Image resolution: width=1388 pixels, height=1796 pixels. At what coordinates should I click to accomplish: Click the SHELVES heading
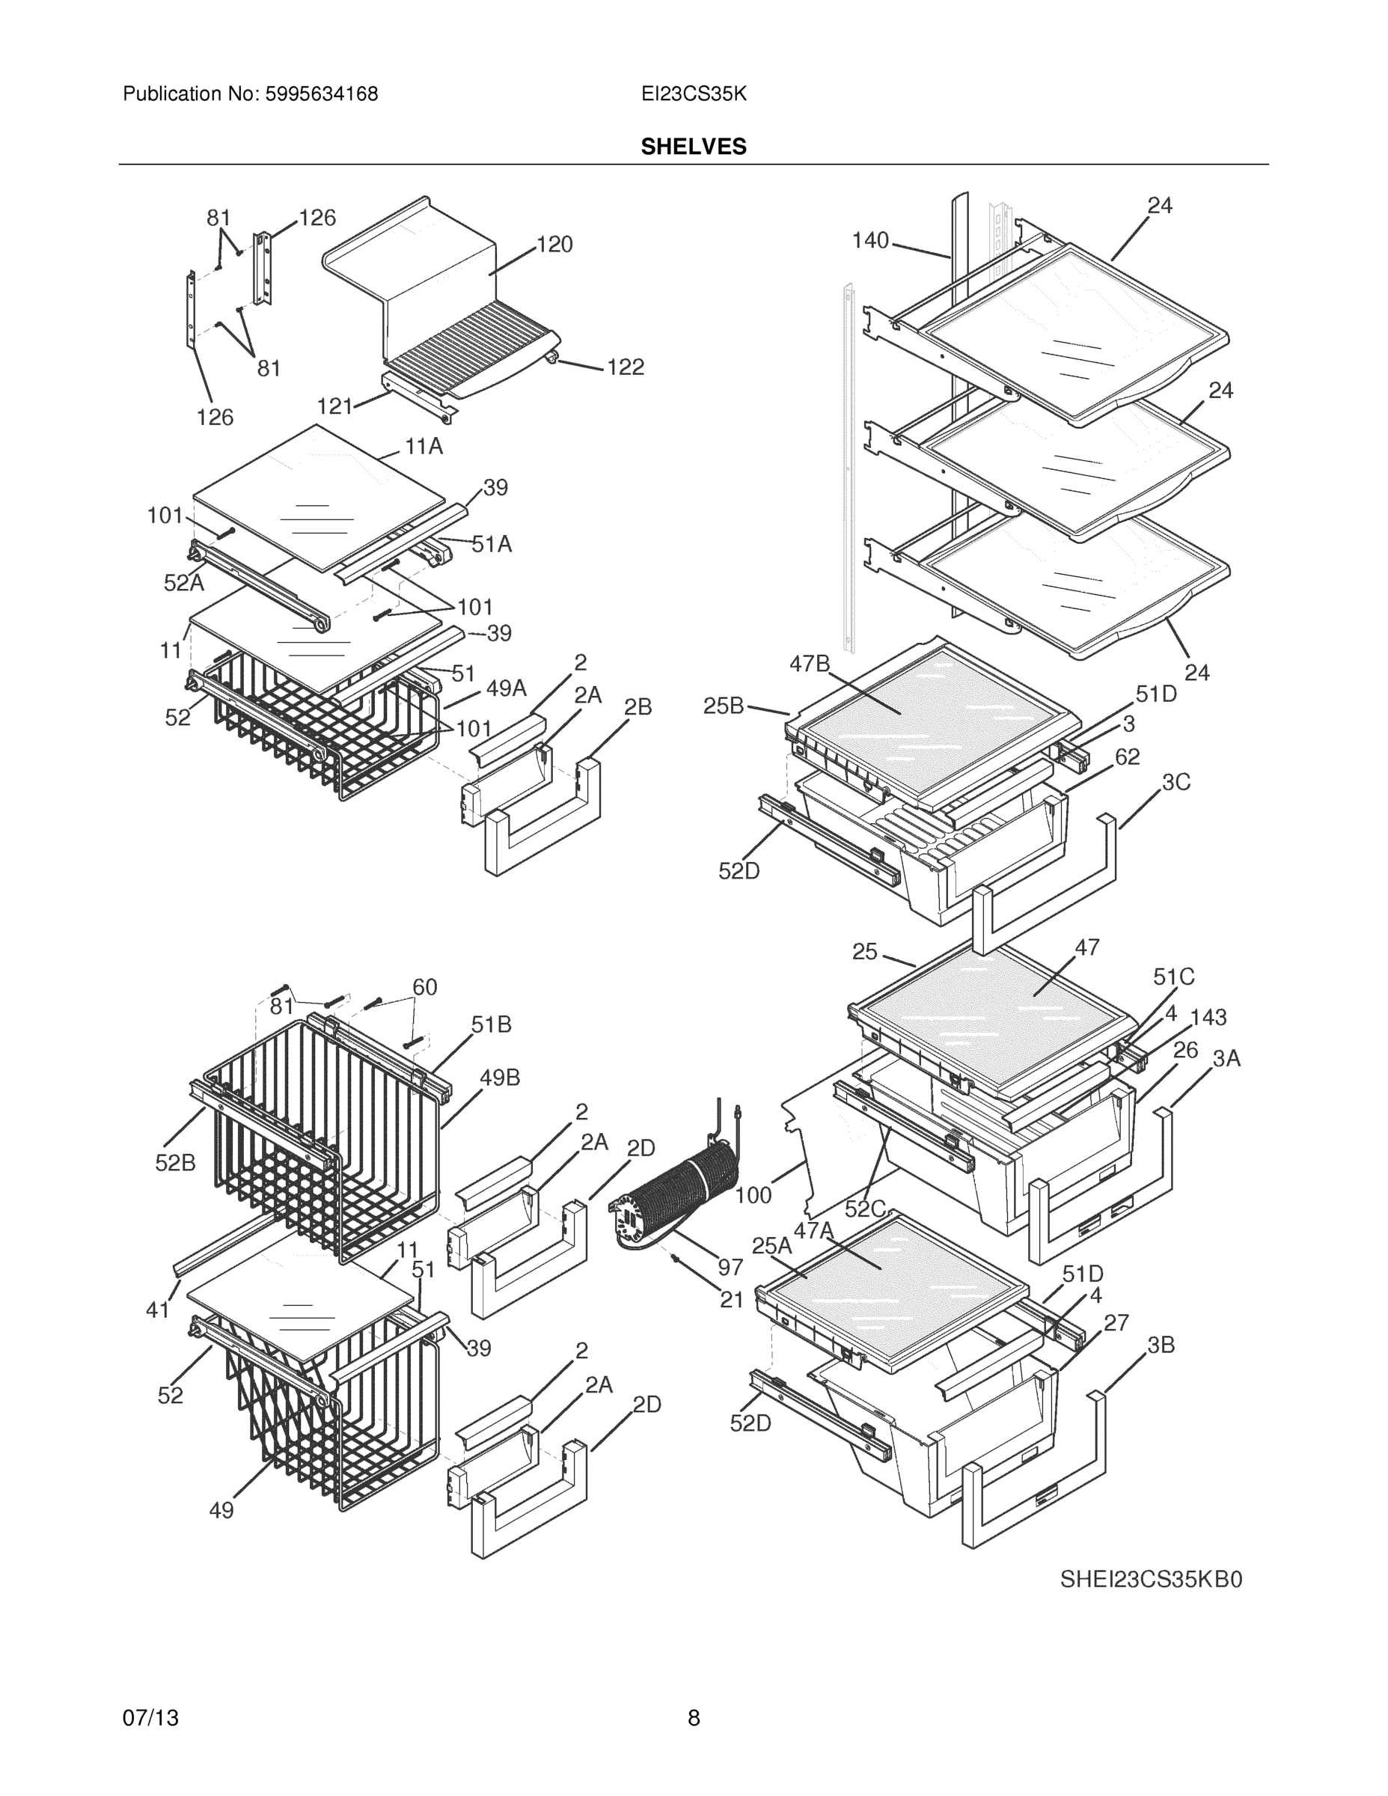click(x=693, y=147)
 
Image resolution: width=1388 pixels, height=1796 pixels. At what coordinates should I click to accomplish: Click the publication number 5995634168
click(x=321, y=94)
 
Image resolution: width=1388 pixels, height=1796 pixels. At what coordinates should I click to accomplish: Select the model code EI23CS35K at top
click(x=693, y=94)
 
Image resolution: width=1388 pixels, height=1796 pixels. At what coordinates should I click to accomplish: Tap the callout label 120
click(x=555, y=244)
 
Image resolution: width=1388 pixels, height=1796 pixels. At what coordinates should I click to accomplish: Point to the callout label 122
click(x=626, y=367)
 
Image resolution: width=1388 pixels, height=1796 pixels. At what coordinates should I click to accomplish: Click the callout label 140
click(x=870, y=240)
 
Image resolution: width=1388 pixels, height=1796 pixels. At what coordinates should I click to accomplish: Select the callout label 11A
click(x=424, y=447)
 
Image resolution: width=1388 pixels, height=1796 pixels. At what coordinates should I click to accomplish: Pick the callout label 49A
click(x=506, y=688)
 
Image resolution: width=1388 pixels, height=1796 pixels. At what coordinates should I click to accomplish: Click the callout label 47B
click(x=810, y=664)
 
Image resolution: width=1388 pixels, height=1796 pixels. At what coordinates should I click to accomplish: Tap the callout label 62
click(x=1128, y=757)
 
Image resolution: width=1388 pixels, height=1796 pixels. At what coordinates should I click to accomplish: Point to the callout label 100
click(x=753, y=1196)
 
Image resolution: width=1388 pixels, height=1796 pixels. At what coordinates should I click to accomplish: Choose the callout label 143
click(x=1208, y=1017)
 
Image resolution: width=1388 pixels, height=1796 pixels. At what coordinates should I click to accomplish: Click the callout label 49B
click(x=500, y=1078)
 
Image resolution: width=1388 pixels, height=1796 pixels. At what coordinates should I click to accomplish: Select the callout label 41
click(x=157, y=1310)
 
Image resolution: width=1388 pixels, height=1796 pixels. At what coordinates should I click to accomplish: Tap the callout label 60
click(x=424, y=987)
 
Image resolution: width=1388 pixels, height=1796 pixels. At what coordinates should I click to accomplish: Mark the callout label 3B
click(x=1161, y=1346)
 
